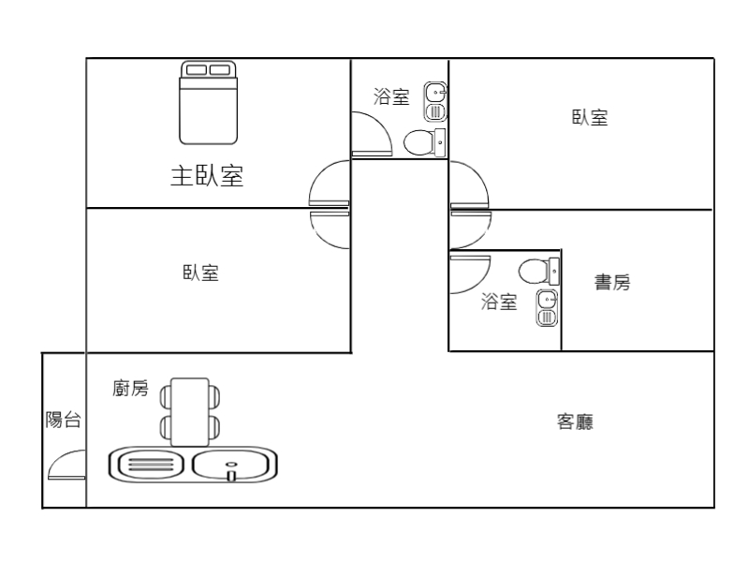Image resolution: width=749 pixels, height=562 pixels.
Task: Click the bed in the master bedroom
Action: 208,103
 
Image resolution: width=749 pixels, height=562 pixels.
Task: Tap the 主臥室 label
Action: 207,176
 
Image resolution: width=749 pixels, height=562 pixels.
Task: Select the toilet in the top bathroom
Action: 422,142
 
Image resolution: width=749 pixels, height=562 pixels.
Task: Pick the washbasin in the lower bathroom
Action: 548,308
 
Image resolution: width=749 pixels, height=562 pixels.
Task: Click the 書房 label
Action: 612,282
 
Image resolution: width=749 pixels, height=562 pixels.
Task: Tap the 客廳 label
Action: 576,422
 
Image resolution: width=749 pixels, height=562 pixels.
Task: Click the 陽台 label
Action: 63,421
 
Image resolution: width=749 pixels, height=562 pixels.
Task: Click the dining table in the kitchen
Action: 190,412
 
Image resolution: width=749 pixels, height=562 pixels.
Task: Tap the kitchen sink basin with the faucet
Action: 234,464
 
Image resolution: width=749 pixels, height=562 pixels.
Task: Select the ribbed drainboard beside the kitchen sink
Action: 146,464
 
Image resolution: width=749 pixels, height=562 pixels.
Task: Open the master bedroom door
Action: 329,183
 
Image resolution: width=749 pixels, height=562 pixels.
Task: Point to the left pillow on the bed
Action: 197,69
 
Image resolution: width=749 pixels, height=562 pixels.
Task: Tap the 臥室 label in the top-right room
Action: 590,118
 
